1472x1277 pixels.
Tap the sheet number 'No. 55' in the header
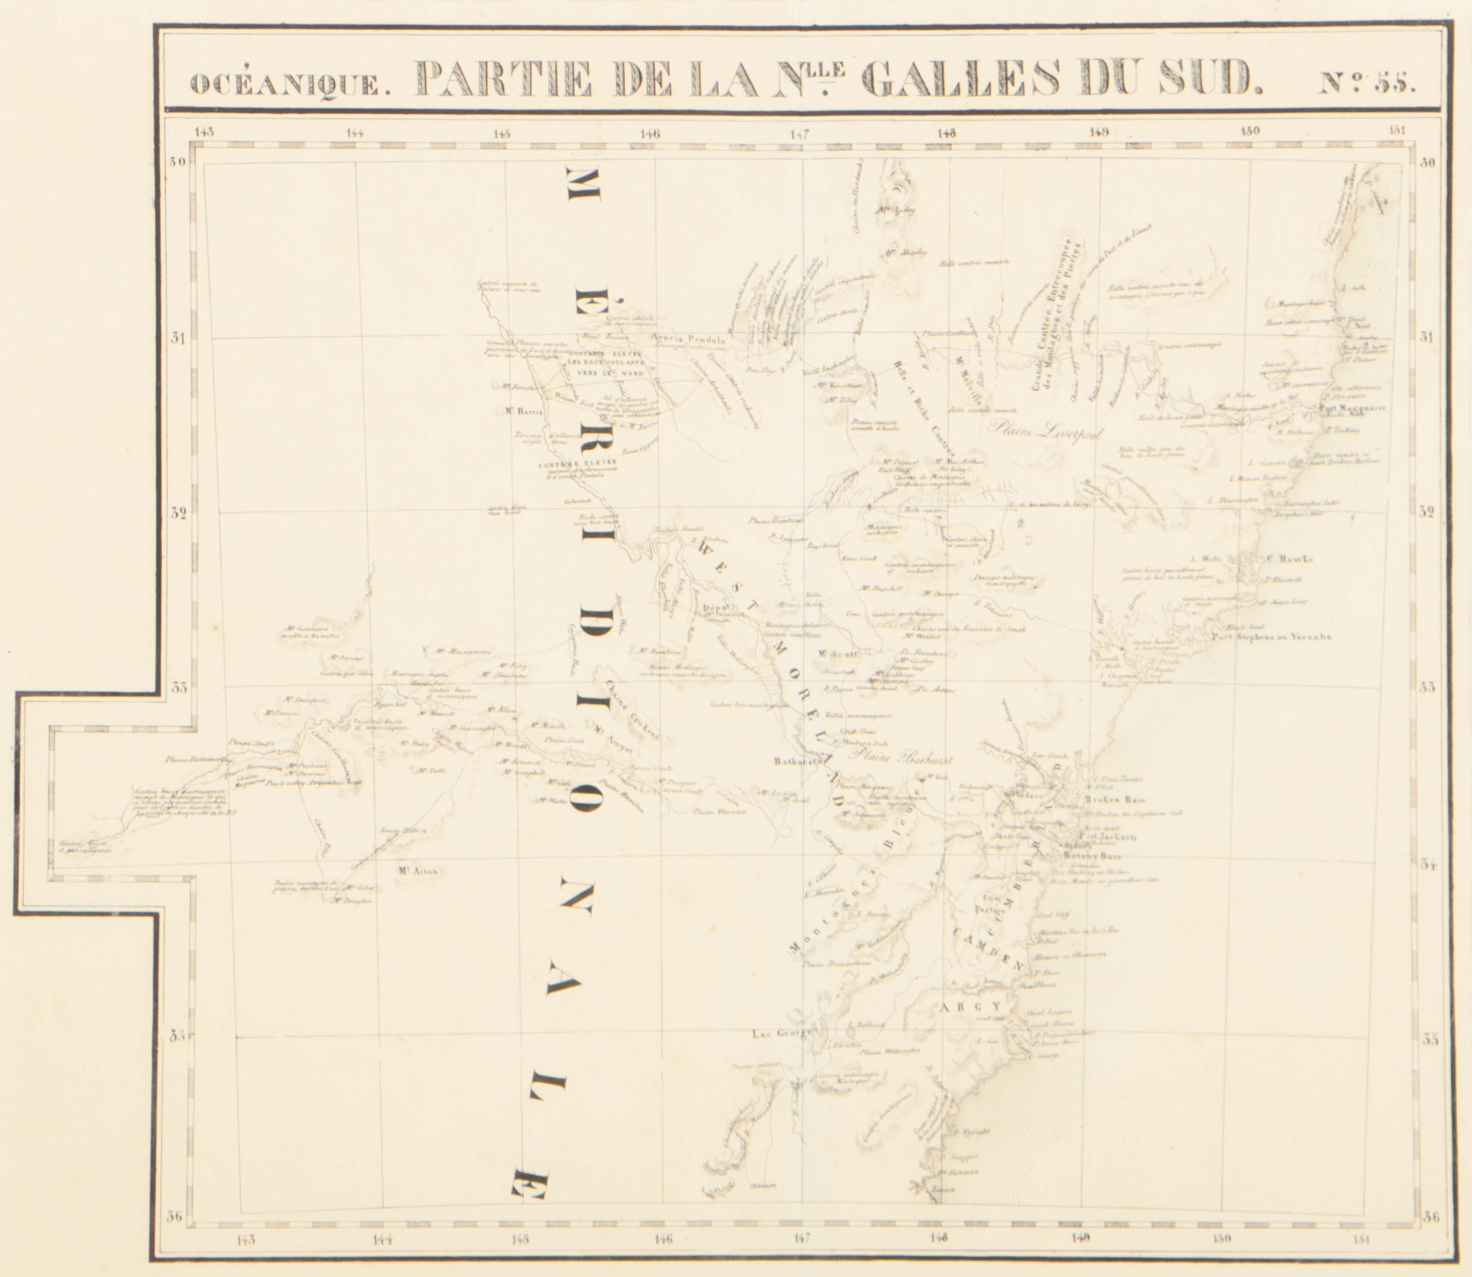(x=1367, y=82)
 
